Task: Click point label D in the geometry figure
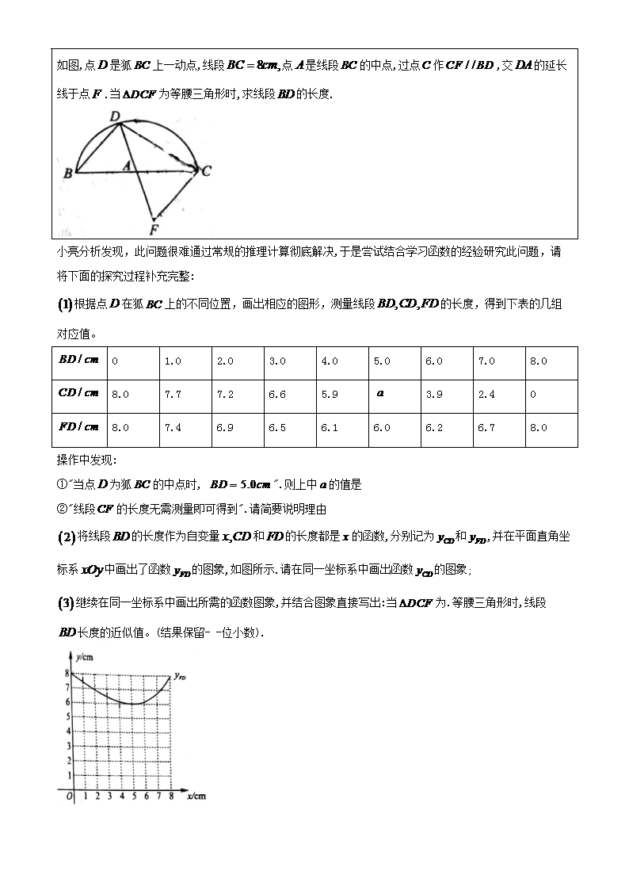[115, 117]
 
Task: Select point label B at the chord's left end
[68, 174]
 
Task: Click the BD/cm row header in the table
[79, 360]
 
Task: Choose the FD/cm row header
[79, 426]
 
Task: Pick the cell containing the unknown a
[380, 393]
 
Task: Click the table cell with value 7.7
[173, 394]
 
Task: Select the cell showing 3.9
[433, 394]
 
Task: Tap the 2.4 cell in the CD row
[486, 394]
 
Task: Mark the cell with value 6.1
[329, 427]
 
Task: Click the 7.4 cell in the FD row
[173, 427]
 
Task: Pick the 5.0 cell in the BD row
[381, 361]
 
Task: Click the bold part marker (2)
[67, 537]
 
